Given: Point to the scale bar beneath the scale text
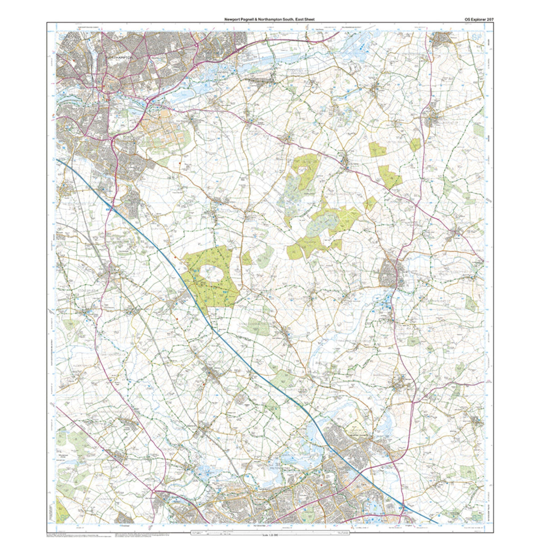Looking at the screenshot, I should [x=270, y=530].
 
